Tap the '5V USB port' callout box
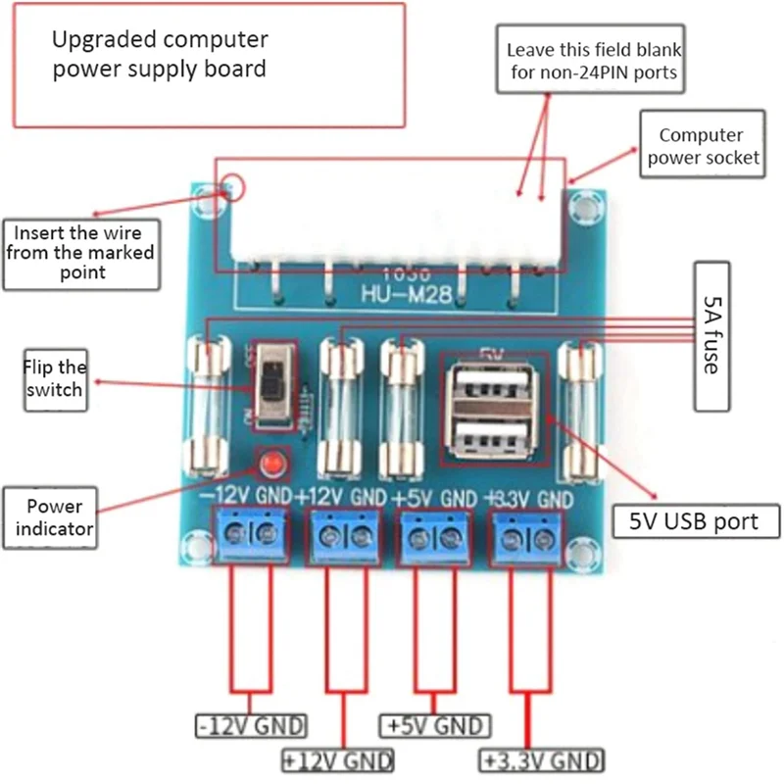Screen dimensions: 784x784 coord(697,520)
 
